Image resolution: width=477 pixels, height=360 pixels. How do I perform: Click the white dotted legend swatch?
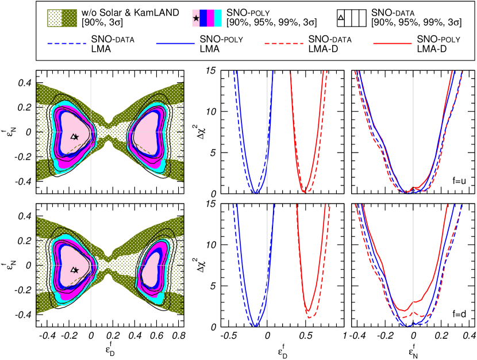(55, 18)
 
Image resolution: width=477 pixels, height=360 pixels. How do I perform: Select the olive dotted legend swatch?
(70, 18)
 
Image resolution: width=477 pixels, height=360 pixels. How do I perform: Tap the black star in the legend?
(196, 18)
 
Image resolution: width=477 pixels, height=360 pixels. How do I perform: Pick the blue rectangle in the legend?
(203, 18)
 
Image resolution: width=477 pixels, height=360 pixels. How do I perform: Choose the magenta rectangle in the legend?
(210, 18)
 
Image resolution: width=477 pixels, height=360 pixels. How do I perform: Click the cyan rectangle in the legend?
(218, 18)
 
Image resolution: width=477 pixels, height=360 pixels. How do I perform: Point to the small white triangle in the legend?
(341, 18)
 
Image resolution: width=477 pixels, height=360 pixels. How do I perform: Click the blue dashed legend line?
(67, 43)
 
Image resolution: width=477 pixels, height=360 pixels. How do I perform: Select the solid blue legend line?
(175, 43)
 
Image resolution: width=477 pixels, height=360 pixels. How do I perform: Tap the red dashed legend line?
(284, 43)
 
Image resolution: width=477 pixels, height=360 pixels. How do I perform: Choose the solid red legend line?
(393, 43)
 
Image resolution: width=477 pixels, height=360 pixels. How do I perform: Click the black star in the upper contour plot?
(76, 137)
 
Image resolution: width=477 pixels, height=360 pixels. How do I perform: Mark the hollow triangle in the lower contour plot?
(73, 269)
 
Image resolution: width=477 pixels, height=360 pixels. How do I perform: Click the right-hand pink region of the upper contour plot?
(148, 132)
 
